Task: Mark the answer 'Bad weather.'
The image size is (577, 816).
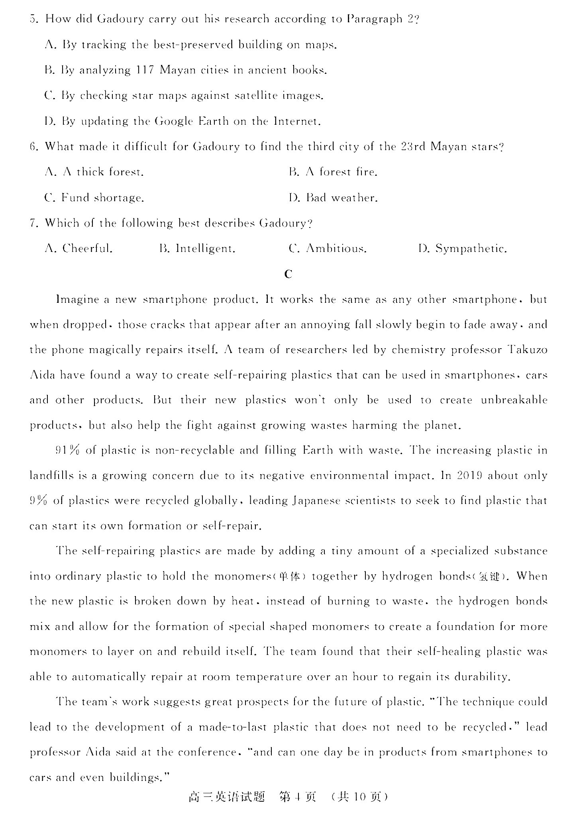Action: pos(333,198)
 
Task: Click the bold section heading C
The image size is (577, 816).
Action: pos(288,274)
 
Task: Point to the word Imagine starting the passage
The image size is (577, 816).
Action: pos(77,299)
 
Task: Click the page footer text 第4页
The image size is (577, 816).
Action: pos(298,797)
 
